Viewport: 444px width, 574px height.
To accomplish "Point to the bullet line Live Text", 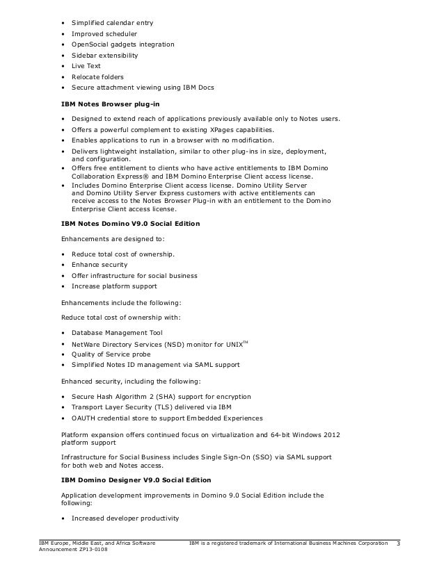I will click(x=86, y=65).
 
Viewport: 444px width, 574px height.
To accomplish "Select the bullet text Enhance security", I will click(x=100, y=265).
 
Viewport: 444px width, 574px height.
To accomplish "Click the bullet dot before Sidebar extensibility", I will click(x=64, y=55).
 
